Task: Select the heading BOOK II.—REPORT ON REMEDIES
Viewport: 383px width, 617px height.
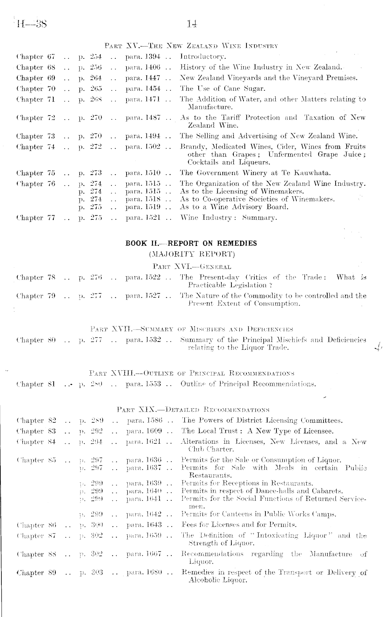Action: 191,243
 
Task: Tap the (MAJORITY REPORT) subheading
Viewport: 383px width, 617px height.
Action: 191,255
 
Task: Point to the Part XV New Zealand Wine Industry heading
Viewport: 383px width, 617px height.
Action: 191,46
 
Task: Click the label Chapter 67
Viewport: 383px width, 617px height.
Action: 35,57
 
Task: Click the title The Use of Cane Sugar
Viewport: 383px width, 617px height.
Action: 222,89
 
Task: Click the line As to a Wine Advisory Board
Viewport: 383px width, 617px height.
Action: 234,207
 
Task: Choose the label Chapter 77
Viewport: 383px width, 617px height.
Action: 35,218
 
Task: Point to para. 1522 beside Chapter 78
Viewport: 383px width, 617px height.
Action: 143,277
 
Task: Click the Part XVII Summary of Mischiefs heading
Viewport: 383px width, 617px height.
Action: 191,329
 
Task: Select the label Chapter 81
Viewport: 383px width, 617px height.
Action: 35,384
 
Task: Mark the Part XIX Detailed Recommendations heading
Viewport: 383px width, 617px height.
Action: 193,410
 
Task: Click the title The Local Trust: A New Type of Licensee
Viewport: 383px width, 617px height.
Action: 257,431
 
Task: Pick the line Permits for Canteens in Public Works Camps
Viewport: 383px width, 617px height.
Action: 259,515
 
